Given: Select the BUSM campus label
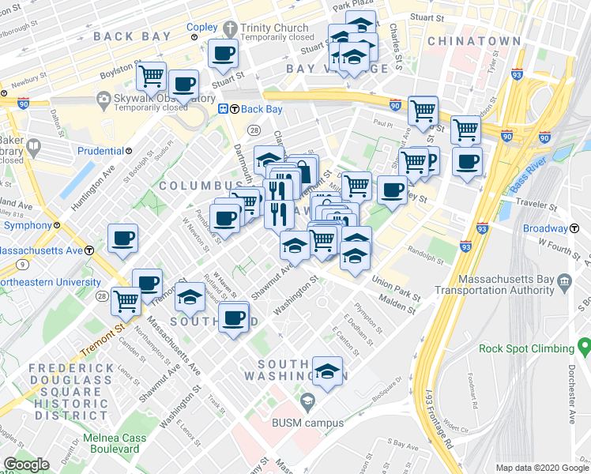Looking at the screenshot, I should pyautogui.click(x=308, y=422).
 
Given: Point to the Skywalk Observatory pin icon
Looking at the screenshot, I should pyautogui.click(x=103, y=99).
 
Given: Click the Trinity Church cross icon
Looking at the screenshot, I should pyautogui.click(x=229, y=28).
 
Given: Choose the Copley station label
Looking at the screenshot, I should pyautogui.click(x=201, y=27).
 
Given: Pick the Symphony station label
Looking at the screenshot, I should pyautogui.click(x=27, y=225).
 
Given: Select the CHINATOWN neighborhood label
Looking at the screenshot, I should pyautogui.click(x=473, y=41).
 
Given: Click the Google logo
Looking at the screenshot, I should pyautogui.click(x=26, y=465).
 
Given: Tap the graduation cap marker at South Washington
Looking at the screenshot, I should pyautogui.click(x=327, y=370).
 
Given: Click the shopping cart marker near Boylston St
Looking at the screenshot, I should pyautogui.click(x=151, y=77).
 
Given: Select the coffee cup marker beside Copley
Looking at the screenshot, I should pyautogui.click(x=222, y=53).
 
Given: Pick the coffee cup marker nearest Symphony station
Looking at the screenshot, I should pyautogui.click(x=123, y=238).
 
